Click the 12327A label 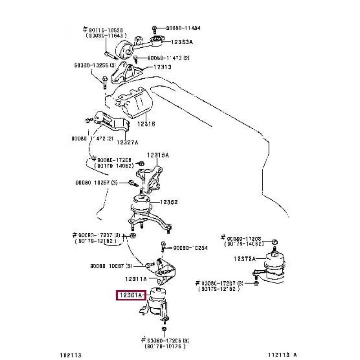[128, 143]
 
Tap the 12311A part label [136, 279]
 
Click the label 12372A [244, 258]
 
